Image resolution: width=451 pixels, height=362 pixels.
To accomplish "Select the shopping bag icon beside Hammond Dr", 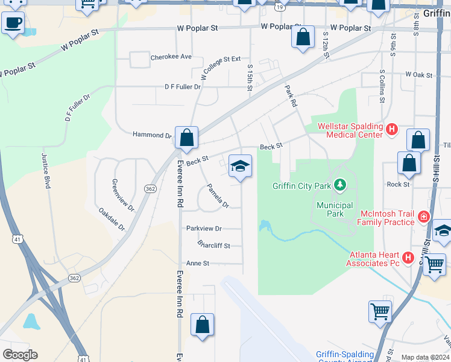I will point(187,138).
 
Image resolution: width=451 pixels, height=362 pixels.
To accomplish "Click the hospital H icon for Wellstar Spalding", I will point(392,129).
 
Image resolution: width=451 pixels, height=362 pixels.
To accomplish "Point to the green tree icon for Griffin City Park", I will point(341,184).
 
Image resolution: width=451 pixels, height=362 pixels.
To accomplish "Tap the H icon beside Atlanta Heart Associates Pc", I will point(408,258).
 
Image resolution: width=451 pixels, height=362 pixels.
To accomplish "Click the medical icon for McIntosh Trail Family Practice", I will point(424,216).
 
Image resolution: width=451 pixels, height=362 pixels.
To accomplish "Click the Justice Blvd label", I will point(46,171).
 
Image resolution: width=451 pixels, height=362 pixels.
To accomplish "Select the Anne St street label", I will point(197,263).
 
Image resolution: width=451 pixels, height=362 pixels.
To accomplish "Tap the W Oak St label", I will point(419,75).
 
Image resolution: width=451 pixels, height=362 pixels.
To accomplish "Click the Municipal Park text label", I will point(330,209).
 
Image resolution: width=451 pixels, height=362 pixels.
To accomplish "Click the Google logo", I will point(20,354).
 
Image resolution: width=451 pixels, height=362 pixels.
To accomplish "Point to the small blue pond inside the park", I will point(264,226).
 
